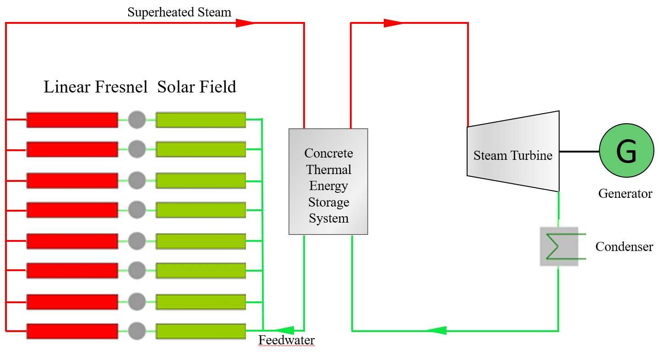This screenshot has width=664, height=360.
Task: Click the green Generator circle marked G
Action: (626, 151)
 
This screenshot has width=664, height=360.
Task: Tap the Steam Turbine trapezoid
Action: (513, 152)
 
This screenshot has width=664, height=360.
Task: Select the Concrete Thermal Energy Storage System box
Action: (328, 182)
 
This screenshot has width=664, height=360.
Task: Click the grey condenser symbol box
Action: (559, 246)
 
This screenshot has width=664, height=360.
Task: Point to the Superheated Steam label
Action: (179, 12)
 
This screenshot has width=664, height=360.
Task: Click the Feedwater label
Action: (287, 340)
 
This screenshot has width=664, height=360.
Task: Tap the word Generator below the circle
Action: (625, 193)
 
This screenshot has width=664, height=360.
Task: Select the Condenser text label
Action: (624, 246)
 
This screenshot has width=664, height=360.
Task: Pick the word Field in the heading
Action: (219, 87)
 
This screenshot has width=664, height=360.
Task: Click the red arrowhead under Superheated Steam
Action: (245, 23)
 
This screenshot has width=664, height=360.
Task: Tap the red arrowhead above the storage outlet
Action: (393, 23)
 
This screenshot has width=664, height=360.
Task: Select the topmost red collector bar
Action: (72, 120)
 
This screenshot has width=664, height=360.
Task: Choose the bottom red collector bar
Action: (72, 331)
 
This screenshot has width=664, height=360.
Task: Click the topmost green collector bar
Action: (201, 120)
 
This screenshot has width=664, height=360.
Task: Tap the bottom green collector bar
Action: (201, 331)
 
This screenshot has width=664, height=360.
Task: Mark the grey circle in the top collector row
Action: (136, 120)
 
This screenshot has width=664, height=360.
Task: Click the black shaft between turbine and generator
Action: (579, 151)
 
